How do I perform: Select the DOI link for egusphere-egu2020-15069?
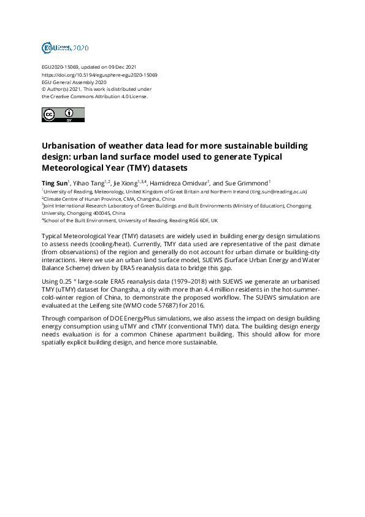pos(99,74)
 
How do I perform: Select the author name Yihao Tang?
pos(88,183)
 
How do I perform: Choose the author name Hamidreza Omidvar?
pos(180,183)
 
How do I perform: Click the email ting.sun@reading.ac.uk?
pos(278,192)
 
